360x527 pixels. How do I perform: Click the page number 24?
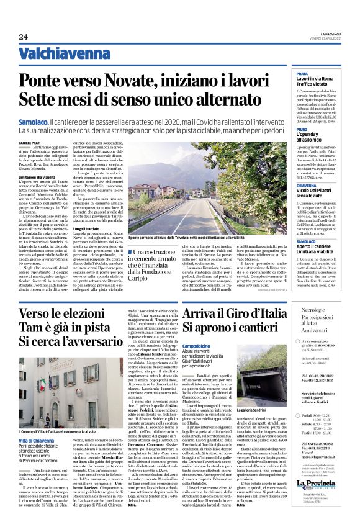tap(23, 38)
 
